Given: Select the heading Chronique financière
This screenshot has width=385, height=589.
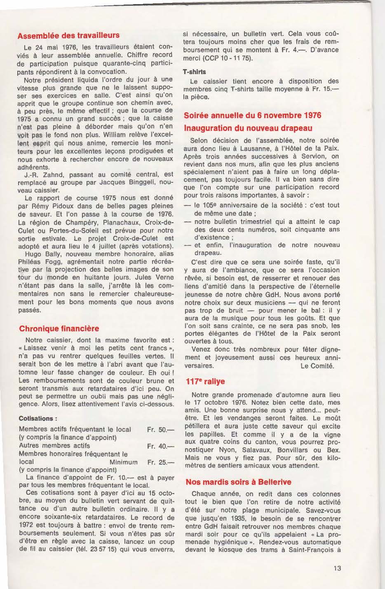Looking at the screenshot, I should [59, 328].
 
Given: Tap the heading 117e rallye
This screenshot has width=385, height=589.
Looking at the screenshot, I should [205, 382].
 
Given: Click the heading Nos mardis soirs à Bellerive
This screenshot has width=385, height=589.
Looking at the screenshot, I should [238, 482].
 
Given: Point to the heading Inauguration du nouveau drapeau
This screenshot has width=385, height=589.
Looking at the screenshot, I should [248, 128].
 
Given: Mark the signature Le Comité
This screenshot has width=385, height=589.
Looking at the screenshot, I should [317, 366].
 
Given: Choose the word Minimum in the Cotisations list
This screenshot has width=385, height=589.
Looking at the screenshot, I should [123, 462].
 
